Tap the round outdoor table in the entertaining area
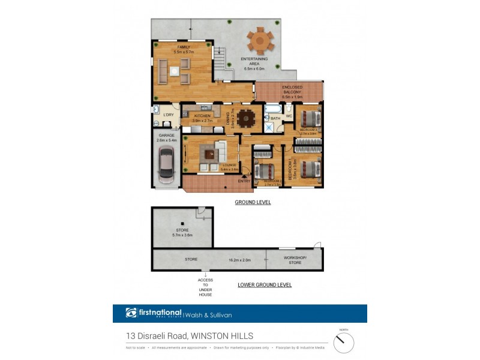[x=260, y=41]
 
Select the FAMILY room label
[x=183, y=47]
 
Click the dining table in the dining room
[x=245, y=118]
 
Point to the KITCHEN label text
[x=202, y=116]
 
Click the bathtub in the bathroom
[x=273, y=109]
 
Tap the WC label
[x=289, y=116]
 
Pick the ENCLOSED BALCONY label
[x=292, y=89]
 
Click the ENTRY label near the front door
[x=244, y=181]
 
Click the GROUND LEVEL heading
[x=253, y=203]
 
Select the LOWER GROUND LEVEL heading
[x=265, y=285]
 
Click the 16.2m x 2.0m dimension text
[x=239, y=260]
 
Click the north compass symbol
[x=344, y=343]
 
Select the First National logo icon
[x=131, y=313]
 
